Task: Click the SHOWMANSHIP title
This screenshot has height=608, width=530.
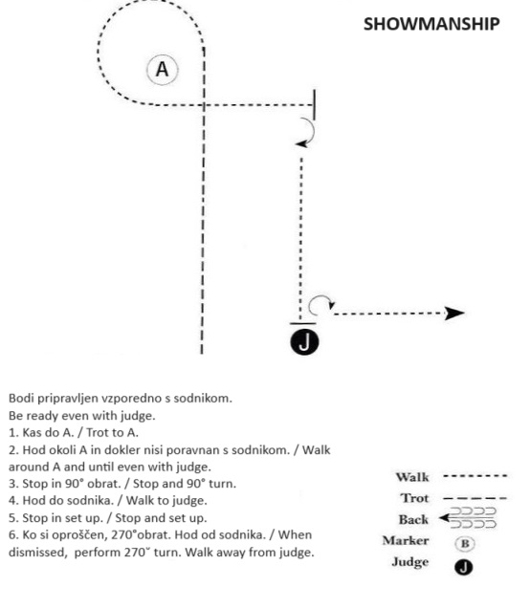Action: (431, 24)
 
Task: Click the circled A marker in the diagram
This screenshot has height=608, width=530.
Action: (163, 70)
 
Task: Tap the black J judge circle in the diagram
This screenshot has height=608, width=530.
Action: (304, 342)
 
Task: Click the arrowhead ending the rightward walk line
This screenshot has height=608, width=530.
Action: (454, 314)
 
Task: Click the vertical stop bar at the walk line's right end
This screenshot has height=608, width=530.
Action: (315, 105)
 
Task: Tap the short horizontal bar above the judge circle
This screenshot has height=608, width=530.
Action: (302, 323)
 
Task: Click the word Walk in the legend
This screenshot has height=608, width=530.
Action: (412, 477)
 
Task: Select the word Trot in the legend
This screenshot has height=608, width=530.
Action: (415, 498)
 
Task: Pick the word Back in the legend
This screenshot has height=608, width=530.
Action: (413, 519)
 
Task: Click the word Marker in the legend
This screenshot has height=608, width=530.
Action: (406, 540)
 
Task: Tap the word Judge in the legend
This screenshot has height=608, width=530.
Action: (410, 562)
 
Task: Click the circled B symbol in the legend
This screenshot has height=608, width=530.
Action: (464, 544)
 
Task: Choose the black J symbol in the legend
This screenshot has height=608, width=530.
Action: (463, 567)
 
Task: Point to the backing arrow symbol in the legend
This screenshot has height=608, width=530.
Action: (468, 518)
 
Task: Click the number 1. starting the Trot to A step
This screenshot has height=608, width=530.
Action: (13, 433)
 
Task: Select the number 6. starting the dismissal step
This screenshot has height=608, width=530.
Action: (13, 535)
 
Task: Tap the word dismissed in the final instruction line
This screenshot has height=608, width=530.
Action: (38, 553)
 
